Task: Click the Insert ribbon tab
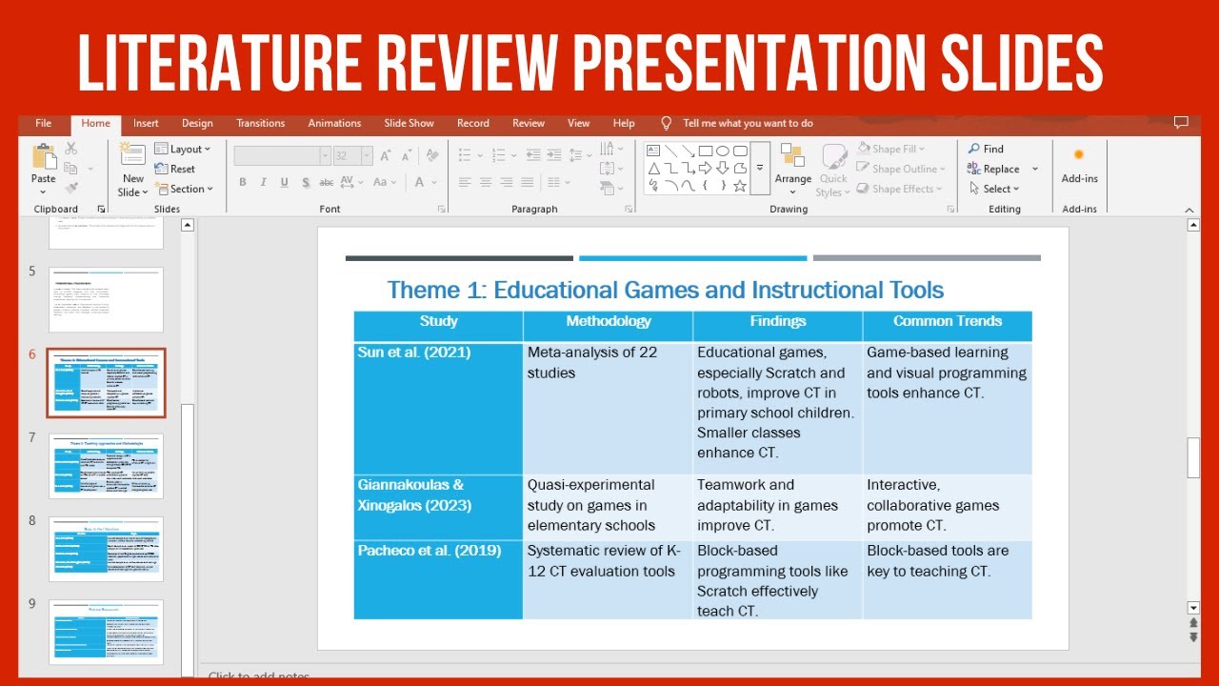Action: click(146, 123)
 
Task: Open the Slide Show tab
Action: click(409, 123)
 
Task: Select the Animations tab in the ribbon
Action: click(334, 123)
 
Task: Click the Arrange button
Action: click(792, 164)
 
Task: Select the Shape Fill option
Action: click(891, 149)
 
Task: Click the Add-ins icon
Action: click(1079, 155)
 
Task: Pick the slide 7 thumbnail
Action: click(106, 466)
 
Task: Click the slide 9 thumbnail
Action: click(106, 632)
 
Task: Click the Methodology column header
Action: click(608, 322)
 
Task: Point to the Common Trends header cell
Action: click(947, 322)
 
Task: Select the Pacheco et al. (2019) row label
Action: click(429, 551)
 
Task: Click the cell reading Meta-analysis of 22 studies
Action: click(592, 362)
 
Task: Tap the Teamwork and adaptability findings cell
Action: click(767, 505)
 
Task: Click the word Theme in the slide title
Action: click(423, 290)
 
